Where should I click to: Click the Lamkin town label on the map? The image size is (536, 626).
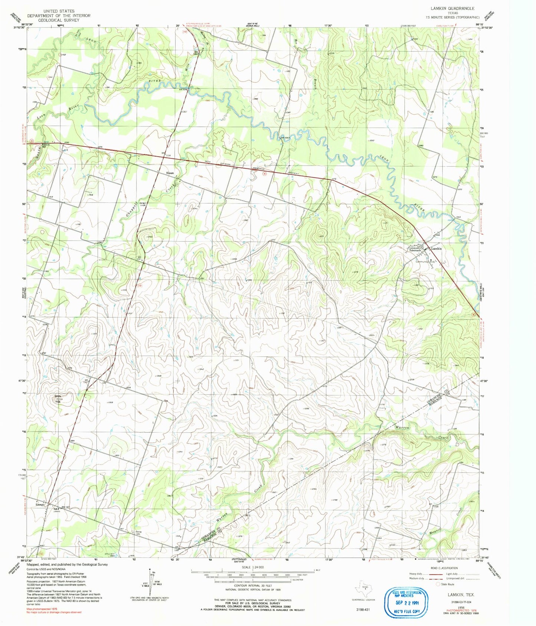click(x=436, y=249)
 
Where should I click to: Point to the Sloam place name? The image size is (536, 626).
click(x=170, y=173)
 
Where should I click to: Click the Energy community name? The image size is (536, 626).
click(x=40, y=505)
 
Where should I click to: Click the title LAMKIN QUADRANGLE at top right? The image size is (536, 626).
click(x=452, y=8)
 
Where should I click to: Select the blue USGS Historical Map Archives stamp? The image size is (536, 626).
click(x=407, y=602)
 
